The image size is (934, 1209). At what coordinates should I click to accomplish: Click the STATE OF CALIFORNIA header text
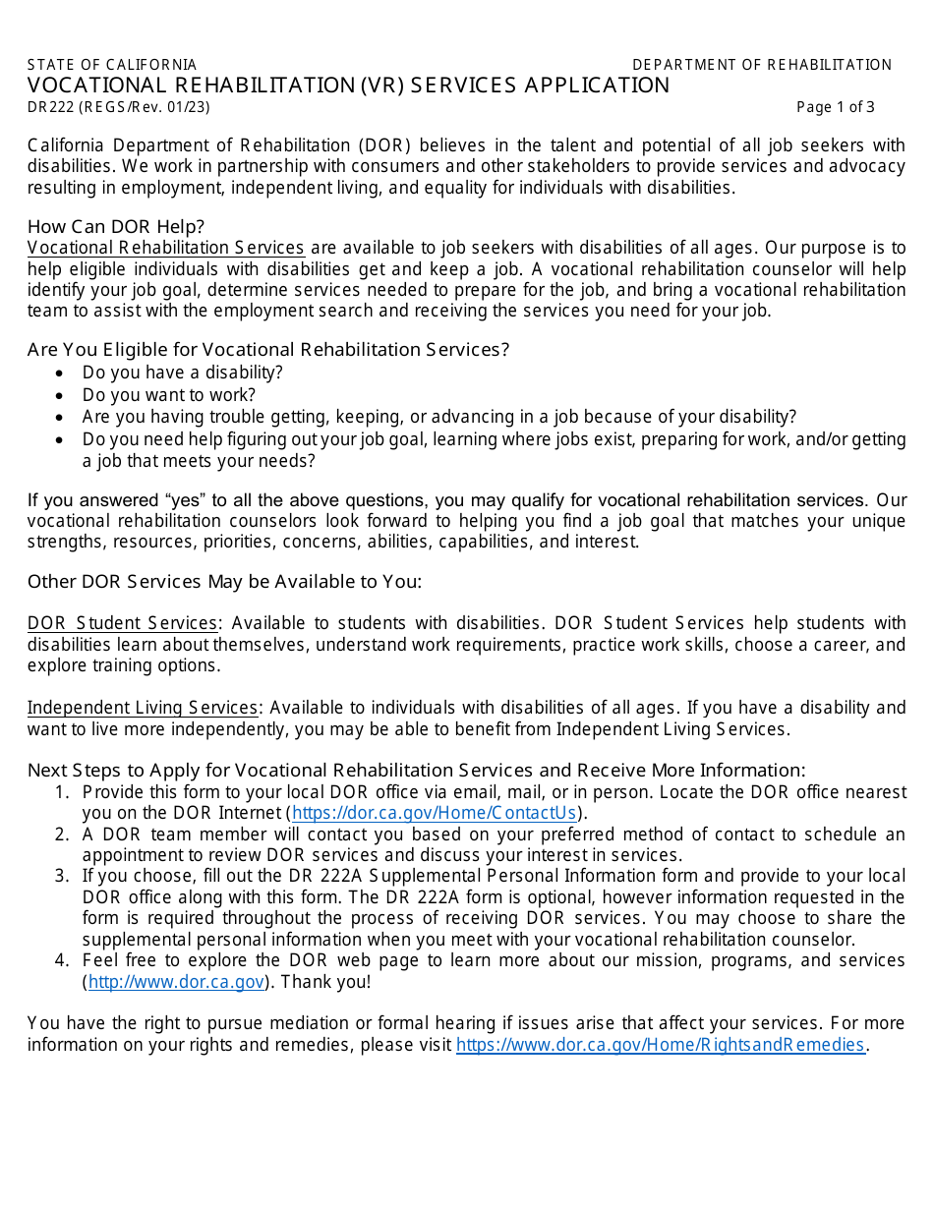pos(112,65)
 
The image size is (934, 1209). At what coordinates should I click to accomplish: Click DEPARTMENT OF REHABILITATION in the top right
pos(762,65)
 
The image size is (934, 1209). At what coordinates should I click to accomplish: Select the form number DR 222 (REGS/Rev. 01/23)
pos(119,107)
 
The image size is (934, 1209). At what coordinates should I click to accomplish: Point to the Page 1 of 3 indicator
pos(835,107)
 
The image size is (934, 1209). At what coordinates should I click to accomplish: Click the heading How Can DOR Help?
pos(116,226)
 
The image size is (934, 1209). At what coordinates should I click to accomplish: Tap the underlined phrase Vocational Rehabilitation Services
pos(166,248)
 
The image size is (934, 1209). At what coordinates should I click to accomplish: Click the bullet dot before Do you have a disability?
pos(61,374)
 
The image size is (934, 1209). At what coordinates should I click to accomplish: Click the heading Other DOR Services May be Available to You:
pos(224,581)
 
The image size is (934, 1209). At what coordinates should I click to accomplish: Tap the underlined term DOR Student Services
pos(123,623)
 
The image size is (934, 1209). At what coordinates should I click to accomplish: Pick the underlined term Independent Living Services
pos(143,708)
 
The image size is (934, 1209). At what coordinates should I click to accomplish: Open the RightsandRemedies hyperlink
pos(660,1045)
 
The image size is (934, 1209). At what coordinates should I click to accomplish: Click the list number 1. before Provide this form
pos(62,792)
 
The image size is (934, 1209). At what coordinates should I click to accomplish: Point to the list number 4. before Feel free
pos(62,960)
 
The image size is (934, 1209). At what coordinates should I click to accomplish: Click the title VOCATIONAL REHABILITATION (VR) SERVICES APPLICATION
pos(349,86)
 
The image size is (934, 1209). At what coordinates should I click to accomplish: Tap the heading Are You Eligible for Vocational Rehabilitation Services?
pos(268,349)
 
